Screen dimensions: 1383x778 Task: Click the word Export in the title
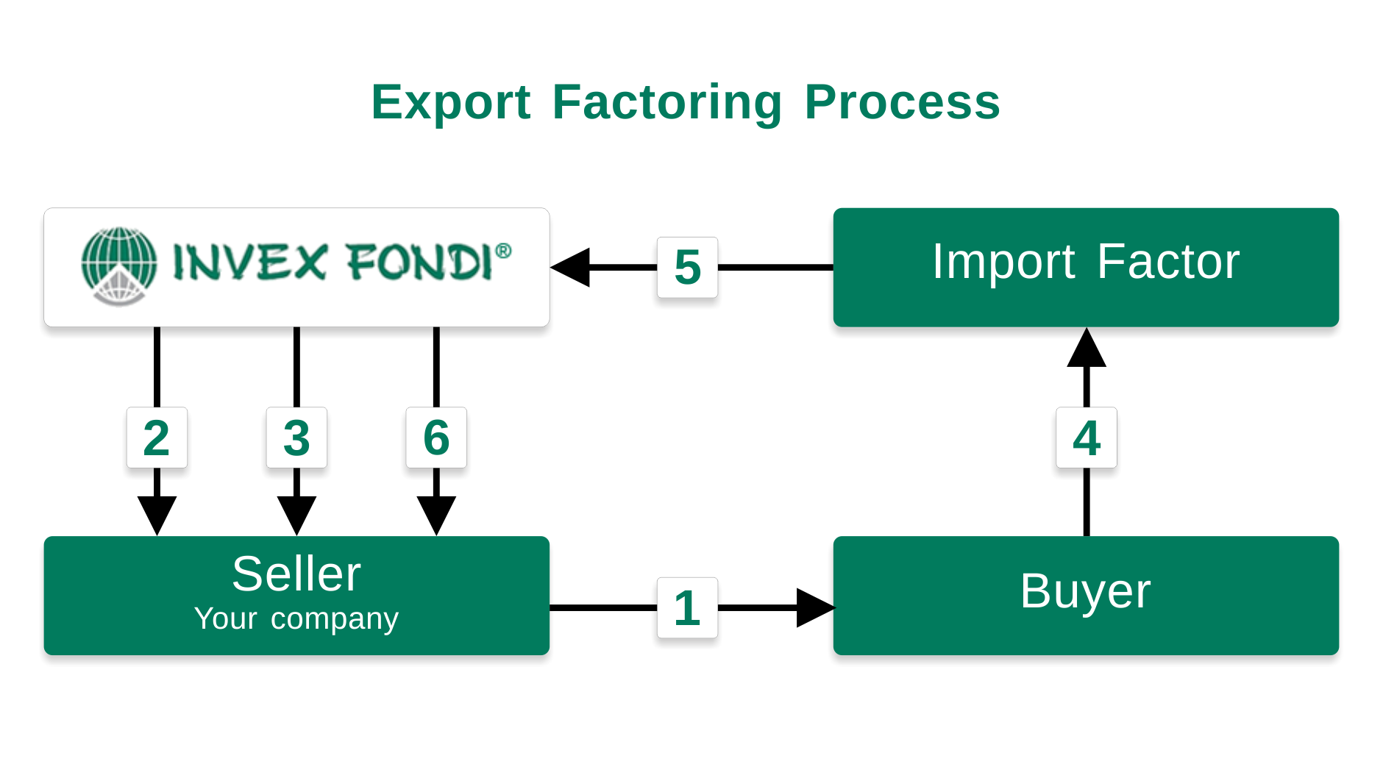pyautogui.click(x=450, y=102)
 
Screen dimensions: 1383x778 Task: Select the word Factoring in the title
pyautogui.click(x=666, y=102)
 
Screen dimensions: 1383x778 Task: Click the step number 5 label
pyautogui.click(x=687, y=267)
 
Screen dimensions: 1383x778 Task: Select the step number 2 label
pyautogui.click(x=157, y=438)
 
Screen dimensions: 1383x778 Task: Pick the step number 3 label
pyautogui.click(x=296, y=438)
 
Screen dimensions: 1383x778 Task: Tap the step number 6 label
pyautogui.click(x=436, y=438)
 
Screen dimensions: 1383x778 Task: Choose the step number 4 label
pyautogui.click(x=1087, y=438)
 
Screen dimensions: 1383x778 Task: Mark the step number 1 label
pyautogui.click(x=687, y=607)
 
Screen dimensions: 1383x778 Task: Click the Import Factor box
pyautogui.click(x=1086, y=267)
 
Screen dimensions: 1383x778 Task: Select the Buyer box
pyautogui.click(x=1086, y=596)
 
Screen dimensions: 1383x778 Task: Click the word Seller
pyautogui.click(x=296, y=574)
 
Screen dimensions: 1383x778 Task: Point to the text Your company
pyautogui.click(x=296, y=619)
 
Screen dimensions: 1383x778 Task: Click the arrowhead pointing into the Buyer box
pyautogui.click(x=816, y=607)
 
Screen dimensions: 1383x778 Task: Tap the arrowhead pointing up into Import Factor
pyautogui.click(x=1087, y=347)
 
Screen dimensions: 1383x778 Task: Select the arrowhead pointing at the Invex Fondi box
pyautogui.click(x=570, y=267)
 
